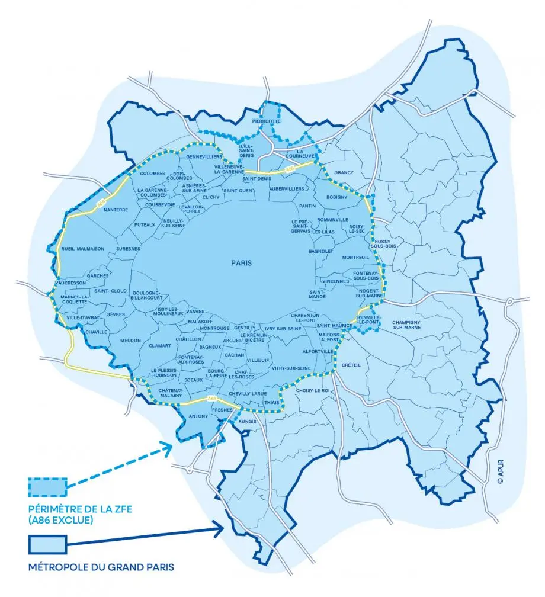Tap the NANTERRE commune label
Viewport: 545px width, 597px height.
pyautogui.click(x=116, y=210)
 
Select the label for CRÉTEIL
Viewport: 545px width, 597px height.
pyautogui.click(x=351, y=365)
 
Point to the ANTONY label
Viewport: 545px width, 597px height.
pyautogui.click(x=198, y=416)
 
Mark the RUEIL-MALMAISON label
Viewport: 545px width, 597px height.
pyautogui.click(x=83, y=249)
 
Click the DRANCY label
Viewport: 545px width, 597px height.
pyautogui.click(x=344, y=172)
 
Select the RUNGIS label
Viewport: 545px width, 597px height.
pyautogui.click(x=245, y=422)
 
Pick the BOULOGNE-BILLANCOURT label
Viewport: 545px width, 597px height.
pyautogui.click(x=146, y=296)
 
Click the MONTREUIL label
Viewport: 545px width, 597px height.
pyautogui.click(x=355, y=257)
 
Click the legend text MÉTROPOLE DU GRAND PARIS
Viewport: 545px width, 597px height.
pyautogui.click(x=101, y=567)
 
